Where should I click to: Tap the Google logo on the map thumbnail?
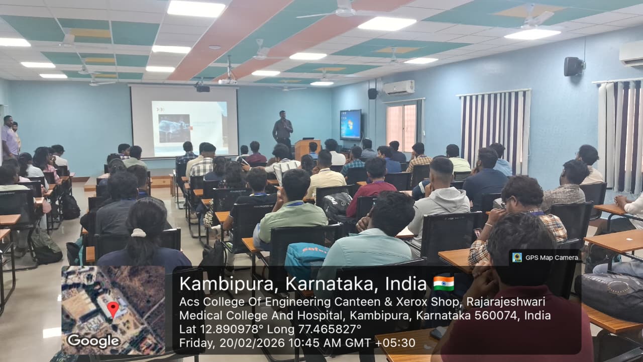coord(93,341)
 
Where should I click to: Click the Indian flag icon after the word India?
coord(444,284)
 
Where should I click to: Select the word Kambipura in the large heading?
coord(226,284)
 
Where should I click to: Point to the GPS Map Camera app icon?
coord(517,257)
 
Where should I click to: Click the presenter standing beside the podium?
coord(282,129)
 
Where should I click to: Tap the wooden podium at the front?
coord(307,149)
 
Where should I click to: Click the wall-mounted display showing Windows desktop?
coord(351,125)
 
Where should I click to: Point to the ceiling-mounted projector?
coord(203,87)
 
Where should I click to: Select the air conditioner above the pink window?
coord(399,87)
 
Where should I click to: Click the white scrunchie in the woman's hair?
coord(139,232)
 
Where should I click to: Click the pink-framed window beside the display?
coord(401,127)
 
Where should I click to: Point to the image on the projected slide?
coord(174,129)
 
